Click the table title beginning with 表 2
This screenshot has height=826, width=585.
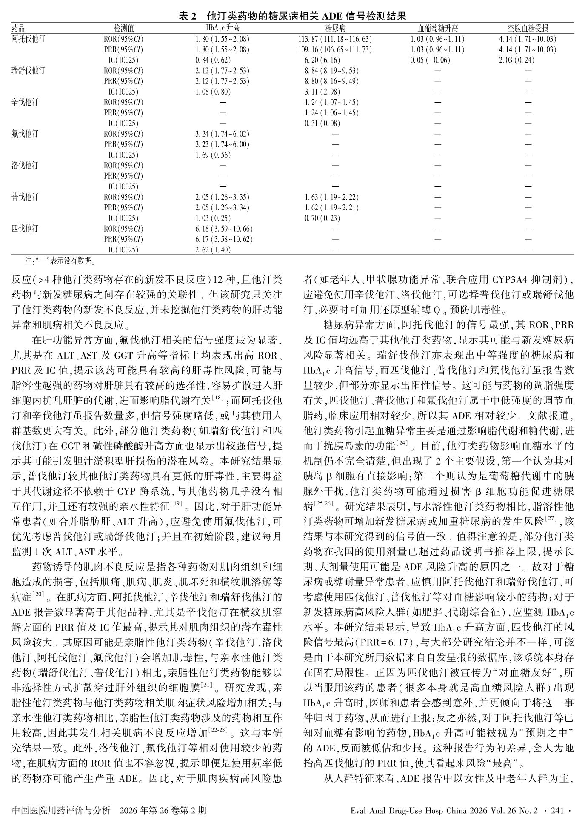pos(293,16)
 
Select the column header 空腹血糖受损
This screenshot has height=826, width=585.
pos(528,29)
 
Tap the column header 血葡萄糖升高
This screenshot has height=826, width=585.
pos(437,29)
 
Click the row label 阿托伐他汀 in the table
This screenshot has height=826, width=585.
pos(28,39)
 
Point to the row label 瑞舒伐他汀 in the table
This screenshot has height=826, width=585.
pos(28,71)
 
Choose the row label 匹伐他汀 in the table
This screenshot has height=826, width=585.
pos(25,229)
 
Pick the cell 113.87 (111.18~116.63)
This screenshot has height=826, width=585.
pos(335,39)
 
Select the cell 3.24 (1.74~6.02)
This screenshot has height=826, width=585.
pos(222,134)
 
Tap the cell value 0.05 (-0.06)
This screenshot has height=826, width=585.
pos(430,60)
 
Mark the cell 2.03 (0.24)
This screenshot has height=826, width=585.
pos(517,60)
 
